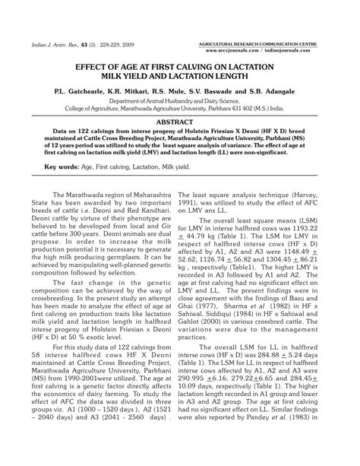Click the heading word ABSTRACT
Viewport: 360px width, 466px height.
point(180,121)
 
